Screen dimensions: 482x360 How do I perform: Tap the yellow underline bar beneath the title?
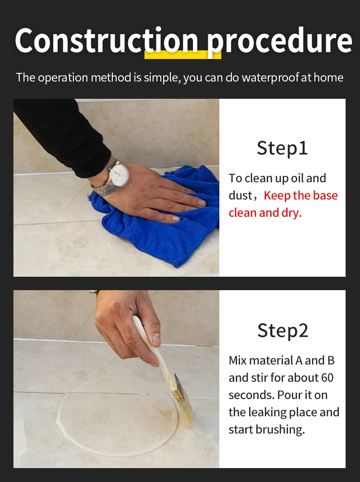point(182,54)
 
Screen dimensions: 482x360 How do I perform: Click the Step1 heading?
point(282,148)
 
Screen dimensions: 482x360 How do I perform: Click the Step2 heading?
point(282,330)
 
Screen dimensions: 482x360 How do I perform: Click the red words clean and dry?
point(265,213)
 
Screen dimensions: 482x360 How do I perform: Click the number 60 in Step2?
point(327,378)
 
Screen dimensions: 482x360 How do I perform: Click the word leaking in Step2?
point(269,412)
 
